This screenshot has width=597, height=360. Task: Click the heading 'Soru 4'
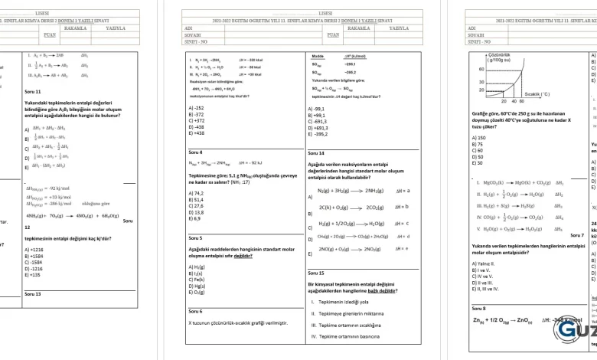coord(195,152)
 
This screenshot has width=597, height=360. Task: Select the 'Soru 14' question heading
coord(316,153)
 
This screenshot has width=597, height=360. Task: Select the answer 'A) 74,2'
coord(196,194)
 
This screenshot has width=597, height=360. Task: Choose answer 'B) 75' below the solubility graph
coord(478,144)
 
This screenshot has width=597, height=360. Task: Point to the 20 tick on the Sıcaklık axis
coord(504,100)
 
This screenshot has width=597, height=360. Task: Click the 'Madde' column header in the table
coord(318,57)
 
